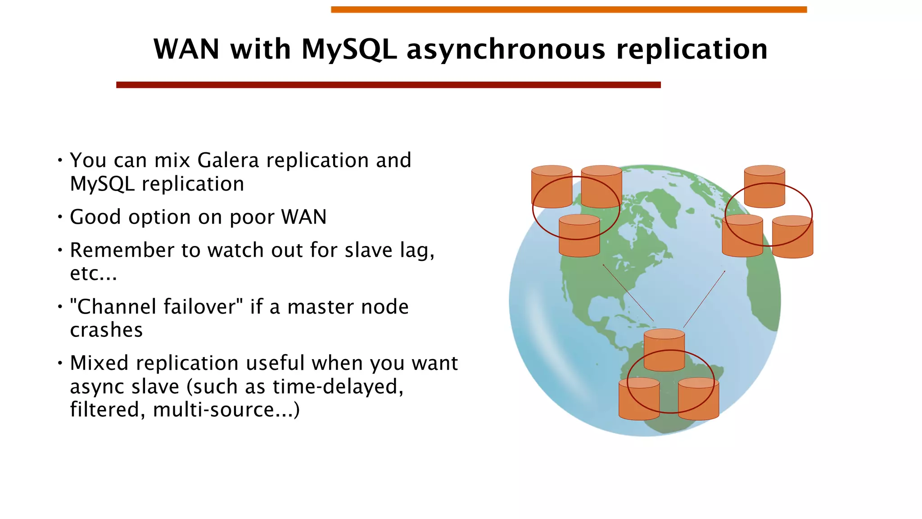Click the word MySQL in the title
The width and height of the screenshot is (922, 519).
349,50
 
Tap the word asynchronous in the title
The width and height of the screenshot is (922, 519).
506,50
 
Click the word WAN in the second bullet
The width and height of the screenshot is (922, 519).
304,217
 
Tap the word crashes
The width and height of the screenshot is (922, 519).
106,330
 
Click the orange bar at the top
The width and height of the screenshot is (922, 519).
569,9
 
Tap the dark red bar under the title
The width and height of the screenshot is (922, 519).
388,85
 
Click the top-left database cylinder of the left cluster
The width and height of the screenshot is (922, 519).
551,187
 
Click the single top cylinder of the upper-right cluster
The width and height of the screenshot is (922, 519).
764,187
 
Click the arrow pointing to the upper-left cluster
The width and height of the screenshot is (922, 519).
628,292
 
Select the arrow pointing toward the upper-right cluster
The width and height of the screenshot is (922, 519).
704,299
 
